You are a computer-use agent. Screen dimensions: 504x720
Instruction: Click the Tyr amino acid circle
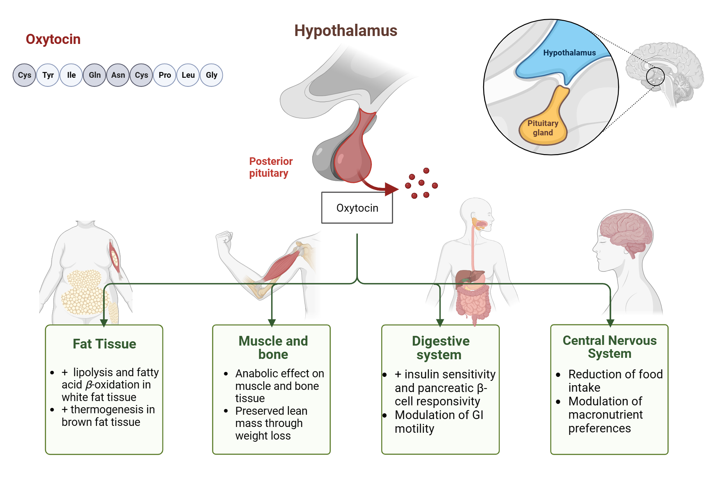tap(48, 75)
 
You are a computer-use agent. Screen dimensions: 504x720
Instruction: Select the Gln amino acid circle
tap(95, 75)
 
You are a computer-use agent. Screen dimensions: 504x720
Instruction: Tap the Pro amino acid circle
tap(165, 75)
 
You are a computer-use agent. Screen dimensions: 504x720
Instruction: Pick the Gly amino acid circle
tap(211, 75)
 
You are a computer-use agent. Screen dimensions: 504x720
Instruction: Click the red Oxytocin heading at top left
tap(53, 39)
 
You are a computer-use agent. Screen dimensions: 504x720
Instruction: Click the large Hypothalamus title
tap(346, 31)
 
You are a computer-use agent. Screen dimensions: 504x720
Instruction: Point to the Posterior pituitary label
tap(271, 167)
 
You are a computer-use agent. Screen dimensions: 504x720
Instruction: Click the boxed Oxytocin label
tap(357, 208)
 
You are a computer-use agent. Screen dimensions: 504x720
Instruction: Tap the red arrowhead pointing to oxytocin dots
tap(391, 189)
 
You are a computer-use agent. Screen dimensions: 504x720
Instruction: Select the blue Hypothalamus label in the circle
tap(569, 53)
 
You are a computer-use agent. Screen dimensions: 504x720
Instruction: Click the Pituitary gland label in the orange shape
tap(543, 128)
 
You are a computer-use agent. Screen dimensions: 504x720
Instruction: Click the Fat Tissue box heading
tap(104, 344)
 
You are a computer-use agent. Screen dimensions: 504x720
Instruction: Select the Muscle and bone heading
tap(273, 347)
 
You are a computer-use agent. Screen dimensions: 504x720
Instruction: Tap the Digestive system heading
tap(440, 348)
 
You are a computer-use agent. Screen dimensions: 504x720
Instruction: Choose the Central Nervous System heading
tap(609, 347)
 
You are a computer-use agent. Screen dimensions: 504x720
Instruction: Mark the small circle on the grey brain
tap(655, 76)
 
